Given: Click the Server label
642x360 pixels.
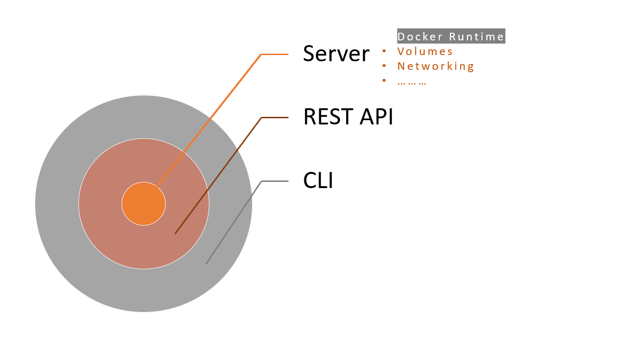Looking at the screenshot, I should point(336,54).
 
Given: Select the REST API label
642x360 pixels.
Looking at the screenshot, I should point(348,117).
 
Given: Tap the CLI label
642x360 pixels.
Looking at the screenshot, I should point(318,181).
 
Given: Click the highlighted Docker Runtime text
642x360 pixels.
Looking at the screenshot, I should point(451,37).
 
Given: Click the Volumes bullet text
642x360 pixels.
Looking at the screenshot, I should point(425,51).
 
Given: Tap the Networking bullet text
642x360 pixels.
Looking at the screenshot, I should point(436,66).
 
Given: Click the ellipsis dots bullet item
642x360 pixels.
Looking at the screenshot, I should point(412,81).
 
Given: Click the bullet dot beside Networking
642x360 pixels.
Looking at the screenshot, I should point(384,66).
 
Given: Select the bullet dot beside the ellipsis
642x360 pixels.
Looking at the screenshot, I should point(384,81).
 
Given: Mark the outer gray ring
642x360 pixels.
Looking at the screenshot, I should point(57,204).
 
